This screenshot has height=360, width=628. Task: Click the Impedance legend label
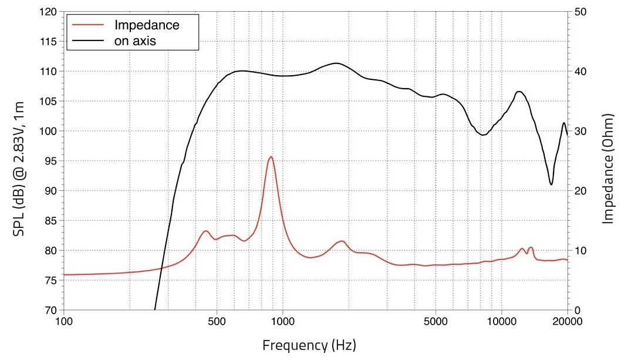click(147, 25)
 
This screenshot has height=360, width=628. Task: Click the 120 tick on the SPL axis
click(49, 12)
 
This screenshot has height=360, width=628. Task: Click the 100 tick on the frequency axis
click(63, 321)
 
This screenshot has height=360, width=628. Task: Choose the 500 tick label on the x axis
click(217, 321)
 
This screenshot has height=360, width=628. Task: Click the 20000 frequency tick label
click(567, 321)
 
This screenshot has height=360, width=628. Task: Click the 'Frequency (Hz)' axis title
click(309, 344)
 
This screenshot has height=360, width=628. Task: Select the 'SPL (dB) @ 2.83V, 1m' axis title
click(19, 162)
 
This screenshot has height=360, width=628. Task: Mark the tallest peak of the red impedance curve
click(271, 157)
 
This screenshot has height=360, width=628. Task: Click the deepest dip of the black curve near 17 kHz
click(551, 184)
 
